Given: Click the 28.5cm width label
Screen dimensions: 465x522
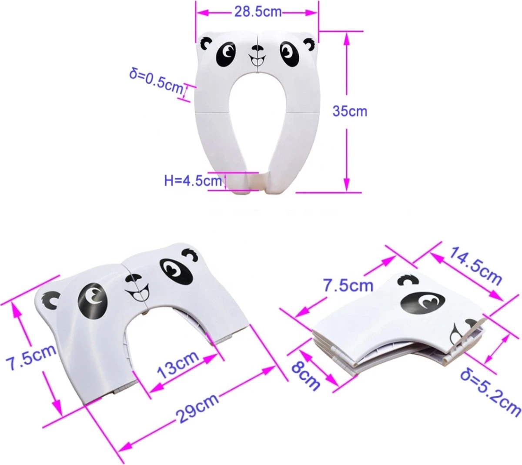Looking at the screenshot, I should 258,12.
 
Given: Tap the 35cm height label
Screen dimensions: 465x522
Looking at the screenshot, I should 350,111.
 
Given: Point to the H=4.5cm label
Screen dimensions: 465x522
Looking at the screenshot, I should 193,180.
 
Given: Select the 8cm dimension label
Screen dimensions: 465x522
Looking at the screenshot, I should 306,375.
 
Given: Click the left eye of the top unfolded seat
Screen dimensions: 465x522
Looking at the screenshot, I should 226,54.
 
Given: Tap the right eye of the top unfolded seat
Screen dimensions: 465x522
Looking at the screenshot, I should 289,55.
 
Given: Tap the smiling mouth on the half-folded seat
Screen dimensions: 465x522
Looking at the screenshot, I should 138,291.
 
